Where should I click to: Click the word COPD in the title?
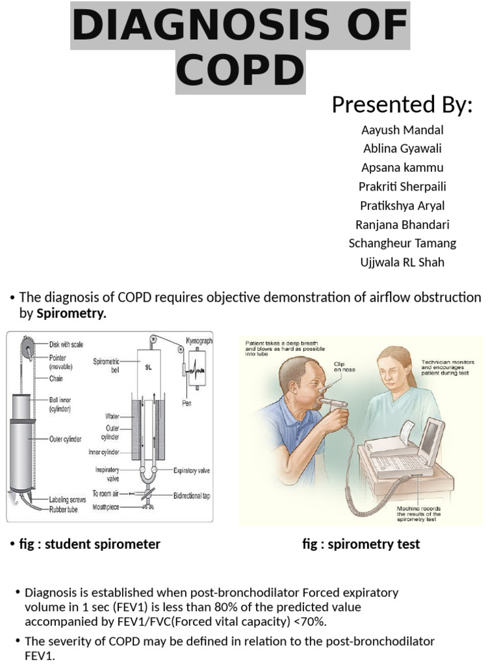click(240, 72)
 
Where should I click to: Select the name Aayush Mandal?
click(402, 129)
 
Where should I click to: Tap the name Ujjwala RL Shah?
click(402, 262)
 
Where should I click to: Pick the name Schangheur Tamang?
click(402, 243)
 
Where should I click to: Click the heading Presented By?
click(402, 104)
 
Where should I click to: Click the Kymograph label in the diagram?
click(198, 341)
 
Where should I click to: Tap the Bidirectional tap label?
click(192, 495)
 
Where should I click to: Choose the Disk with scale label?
click(66, 344)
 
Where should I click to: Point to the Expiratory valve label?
click(192, 470)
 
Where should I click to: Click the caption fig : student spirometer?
click(90, 544)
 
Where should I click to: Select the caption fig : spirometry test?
click(361, 544)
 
